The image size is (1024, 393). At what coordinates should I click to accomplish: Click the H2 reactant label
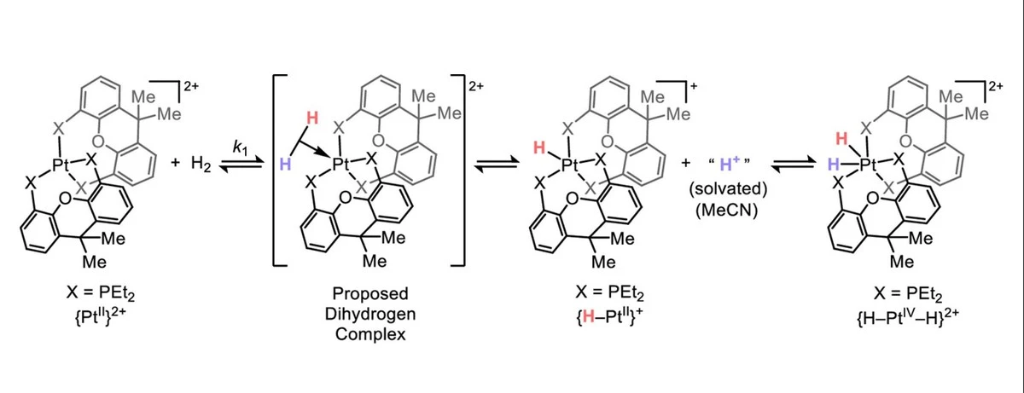(201, 164)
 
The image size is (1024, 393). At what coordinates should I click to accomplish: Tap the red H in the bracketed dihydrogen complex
(312, 118)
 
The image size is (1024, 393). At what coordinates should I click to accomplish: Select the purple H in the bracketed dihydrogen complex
(285, 164)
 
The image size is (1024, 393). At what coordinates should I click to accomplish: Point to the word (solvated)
(728, 188)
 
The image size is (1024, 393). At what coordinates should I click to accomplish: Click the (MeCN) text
(727, 211)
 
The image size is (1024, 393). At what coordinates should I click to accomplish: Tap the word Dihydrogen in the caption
(370, 314)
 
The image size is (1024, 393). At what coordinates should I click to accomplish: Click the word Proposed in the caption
(370, 293)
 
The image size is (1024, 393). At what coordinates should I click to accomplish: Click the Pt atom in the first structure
(61, 164)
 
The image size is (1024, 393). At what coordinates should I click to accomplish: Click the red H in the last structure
(841, 138)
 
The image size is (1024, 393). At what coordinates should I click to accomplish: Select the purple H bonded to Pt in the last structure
(833, 164)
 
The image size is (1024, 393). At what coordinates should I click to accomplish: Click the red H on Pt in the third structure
(539, 147)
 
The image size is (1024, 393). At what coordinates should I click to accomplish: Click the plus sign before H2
(175, 163)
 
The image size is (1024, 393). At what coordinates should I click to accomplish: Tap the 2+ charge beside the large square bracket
(476, 86)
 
